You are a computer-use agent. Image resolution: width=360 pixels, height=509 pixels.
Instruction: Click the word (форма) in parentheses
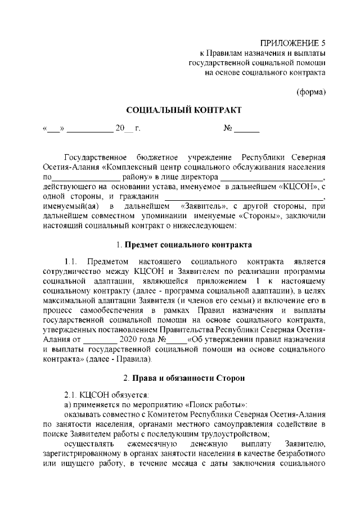click(310, 92)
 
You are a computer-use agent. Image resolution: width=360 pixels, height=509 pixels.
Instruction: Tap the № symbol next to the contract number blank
click(228, 129)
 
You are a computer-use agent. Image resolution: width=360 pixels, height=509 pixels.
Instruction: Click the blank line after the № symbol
click(246, 130)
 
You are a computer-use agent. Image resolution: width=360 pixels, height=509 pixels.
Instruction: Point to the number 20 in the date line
click(119, 129)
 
